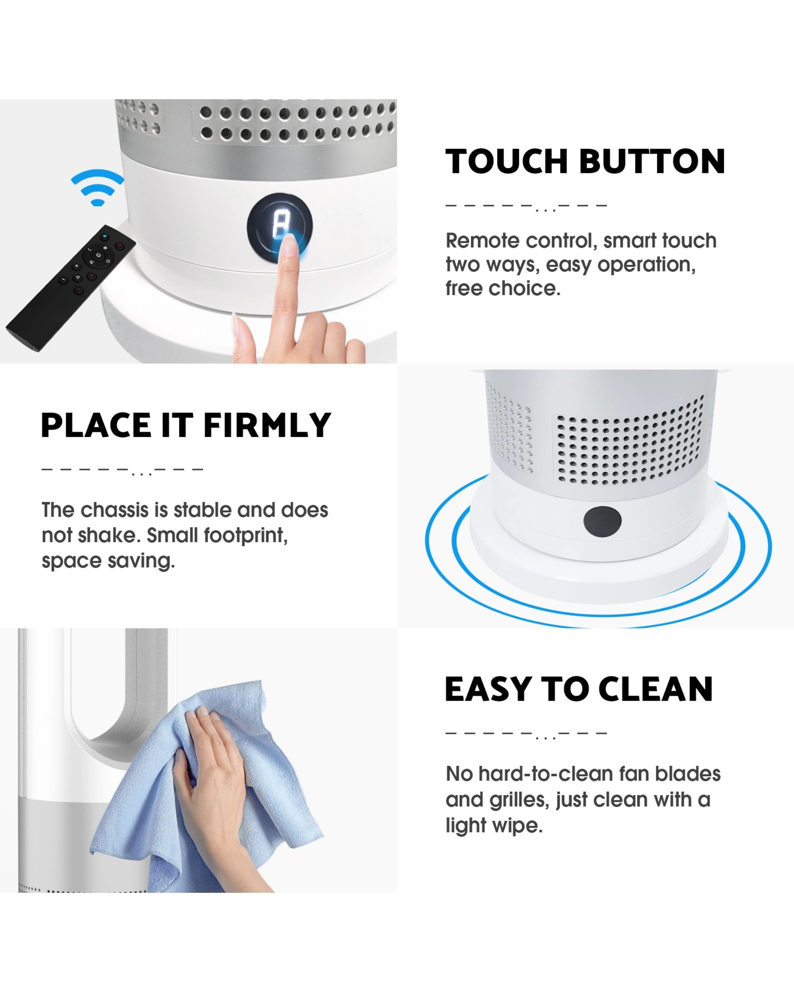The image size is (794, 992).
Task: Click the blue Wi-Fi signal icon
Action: pyautogui.click(x=97, y=188)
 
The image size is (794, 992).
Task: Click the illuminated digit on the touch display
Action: pyautogui.click(x=279, y=225)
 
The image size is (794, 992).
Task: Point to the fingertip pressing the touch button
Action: pyautogui.click(x=289, y=242)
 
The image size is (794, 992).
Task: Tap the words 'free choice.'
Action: pyautogui.click(x=503, y=288)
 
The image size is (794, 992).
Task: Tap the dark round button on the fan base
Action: pyautogui.click(x=602, y=521)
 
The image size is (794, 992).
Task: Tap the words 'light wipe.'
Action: pyautogui.click(x=494, y=825)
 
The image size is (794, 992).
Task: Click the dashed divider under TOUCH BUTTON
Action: pyautogui.click(x=526, y=206)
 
